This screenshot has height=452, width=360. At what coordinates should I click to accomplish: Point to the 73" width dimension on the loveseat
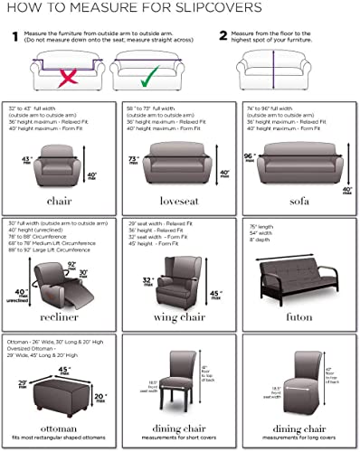(134, 159)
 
